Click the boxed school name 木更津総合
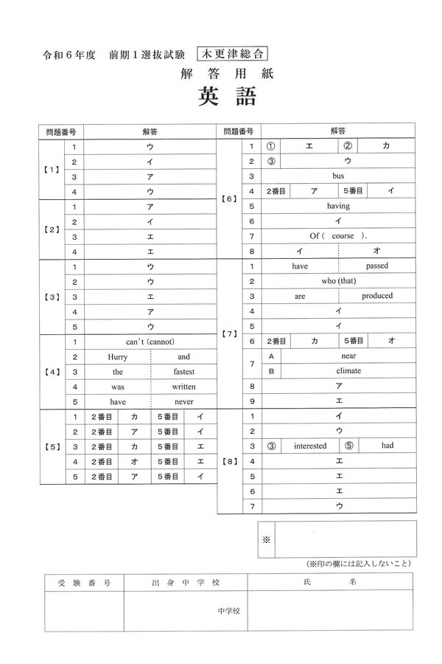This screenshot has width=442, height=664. click(232, 53)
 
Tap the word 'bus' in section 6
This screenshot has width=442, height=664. click(338, 176)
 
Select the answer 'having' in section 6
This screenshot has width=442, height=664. click(338, 206)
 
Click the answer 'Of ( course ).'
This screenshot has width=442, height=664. click(338, 236)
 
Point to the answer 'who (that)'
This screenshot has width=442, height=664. click(338, 281)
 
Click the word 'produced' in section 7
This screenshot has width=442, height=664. click(377, 296)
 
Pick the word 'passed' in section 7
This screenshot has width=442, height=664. click(377, 266)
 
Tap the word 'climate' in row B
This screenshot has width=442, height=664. click(348, 370)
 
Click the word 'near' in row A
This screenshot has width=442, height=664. click(348, 356)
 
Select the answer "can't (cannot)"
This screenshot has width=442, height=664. click(150, 342)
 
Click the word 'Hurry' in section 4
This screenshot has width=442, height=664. click(118, 356)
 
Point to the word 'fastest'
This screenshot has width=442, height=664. click(183, 372)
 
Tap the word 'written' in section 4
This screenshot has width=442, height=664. click(183, 387)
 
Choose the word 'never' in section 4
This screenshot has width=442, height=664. click(183, 402)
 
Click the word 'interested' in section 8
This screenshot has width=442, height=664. click(310, 446)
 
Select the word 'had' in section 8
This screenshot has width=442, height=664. click(387, 446)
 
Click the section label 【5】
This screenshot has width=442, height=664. click(52, 446)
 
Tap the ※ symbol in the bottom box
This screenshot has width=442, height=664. click(267, 539)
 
